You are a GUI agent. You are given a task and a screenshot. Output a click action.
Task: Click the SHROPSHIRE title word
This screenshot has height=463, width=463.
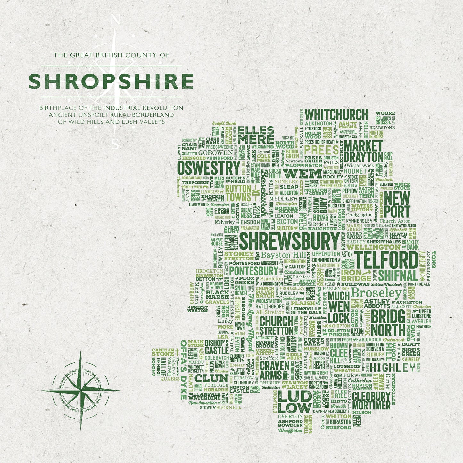point(111,81)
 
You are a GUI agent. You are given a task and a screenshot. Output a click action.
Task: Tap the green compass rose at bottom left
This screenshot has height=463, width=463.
point(80,390)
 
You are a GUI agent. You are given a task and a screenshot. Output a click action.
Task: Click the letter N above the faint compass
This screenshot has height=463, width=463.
point(115,20)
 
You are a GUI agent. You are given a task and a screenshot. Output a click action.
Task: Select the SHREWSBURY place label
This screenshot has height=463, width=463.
point(289,241)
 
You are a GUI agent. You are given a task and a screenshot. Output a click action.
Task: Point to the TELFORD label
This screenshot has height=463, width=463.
point(386,260)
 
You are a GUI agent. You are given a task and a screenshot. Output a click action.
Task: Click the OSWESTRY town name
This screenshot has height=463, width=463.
point(208,168)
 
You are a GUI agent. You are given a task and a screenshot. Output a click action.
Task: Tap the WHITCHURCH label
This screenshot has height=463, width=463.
point(336,115)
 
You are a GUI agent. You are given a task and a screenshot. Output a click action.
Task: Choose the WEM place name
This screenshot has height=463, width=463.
point(302,174)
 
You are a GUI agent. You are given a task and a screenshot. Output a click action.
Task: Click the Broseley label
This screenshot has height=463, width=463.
point(376,293)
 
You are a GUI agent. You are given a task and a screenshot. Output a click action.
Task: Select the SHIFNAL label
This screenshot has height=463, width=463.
point(398,276)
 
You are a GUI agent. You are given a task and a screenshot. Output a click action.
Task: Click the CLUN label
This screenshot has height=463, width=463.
point(211,378)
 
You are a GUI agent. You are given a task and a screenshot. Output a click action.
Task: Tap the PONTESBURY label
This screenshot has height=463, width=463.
point(253,270)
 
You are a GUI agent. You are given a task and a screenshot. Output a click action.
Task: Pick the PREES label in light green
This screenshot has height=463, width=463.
point(321,150)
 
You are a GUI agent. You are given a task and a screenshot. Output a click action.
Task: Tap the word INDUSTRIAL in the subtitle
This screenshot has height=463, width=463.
point(120,108)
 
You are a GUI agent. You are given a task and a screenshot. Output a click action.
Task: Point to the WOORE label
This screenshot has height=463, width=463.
point(385,113)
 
